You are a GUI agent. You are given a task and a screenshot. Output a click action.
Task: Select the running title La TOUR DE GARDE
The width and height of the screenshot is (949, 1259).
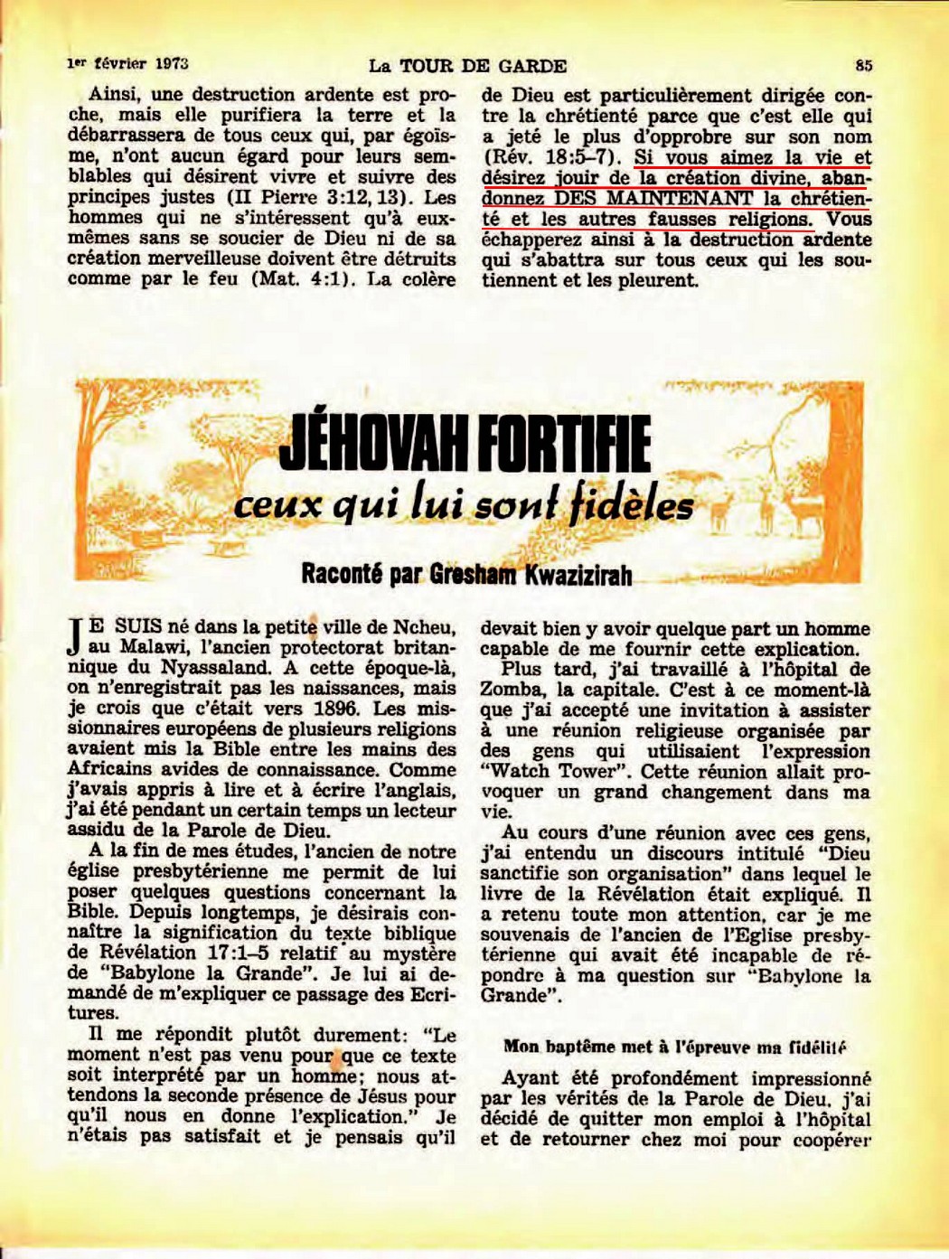click(467, 65)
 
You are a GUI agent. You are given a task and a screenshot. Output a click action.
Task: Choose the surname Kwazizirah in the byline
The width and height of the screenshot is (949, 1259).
click(572, 576)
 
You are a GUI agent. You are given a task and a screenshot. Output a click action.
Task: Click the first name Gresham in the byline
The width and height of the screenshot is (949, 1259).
click(463, 576)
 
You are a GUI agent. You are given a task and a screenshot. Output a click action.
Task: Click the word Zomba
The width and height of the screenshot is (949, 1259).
click(510, 690)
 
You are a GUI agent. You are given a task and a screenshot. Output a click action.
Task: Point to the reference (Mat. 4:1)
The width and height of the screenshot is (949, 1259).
click(302, 279)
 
